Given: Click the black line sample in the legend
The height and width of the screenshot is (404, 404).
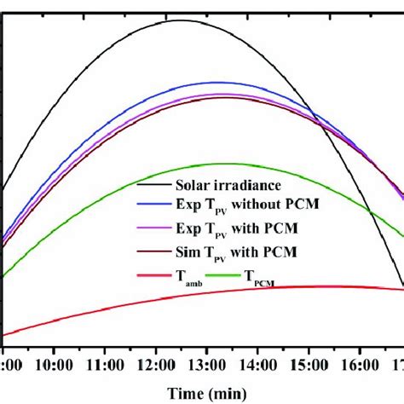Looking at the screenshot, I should coord(153,184).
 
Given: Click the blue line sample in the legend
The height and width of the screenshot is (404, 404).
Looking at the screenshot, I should coord(153,206).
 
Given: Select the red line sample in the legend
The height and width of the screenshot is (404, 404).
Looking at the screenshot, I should coord(153,276).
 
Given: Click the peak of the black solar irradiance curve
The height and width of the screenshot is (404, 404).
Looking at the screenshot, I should coord(181,20).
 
